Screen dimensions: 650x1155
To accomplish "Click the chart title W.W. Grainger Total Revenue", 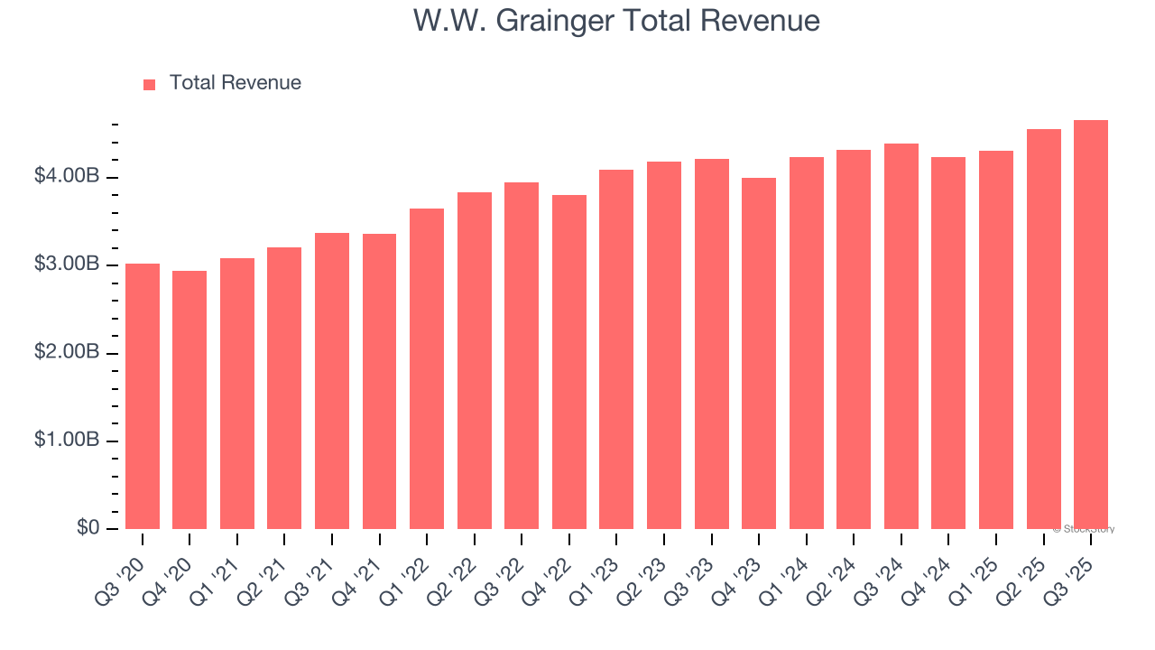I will click(x=616, y=21).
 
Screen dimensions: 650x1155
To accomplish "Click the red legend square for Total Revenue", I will click(x=150, y=84).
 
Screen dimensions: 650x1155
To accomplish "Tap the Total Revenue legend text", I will click(x=235, y=83).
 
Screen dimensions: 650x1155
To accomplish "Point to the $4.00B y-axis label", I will click(x=67, y=177).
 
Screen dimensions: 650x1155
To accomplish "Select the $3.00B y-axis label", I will click(x=67, y=265).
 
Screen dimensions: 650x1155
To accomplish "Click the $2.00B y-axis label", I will click(x=67, y=353).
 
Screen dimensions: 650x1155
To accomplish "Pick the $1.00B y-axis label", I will click(x=67, y=441).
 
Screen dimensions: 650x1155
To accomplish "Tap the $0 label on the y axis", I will click(x=88, y=528).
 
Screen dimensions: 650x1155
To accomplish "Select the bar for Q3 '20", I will click(x=143, y=396).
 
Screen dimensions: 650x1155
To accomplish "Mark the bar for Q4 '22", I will click(x=569, y=362).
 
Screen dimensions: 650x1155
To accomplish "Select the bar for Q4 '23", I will click(x=759, y=353).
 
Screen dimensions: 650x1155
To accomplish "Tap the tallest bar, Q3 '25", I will click(x=1091, y=324).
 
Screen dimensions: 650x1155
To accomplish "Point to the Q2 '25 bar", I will click(x=1043, y=329).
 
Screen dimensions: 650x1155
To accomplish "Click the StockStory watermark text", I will click(x=1084, y=529).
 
